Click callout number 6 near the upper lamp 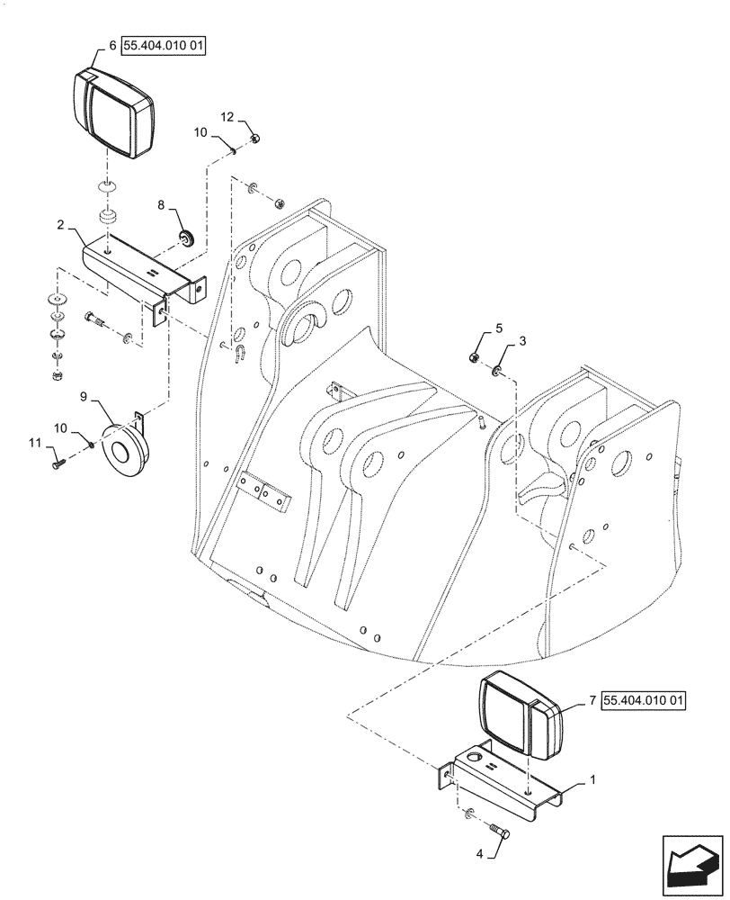point(112,44)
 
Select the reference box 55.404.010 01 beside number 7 point(644,699)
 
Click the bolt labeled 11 point(59,463)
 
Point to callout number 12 point(227,117)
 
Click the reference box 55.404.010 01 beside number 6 point(164,44)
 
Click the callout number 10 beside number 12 point(200,132)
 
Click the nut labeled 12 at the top point(256,138)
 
